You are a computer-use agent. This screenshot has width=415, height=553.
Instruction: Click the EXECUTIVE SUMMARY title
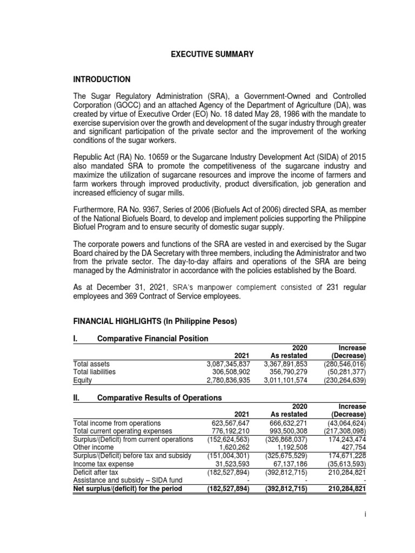pyautogui.click(x=212, y=55)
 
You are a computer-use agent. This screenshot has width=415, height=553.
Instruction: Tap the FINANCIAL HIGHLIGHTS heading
pyautogui.click(x=155, y=321)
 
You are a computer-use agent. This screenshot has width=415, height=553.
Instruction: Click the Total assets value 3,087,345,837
pyautogui.click(x=228, y=364)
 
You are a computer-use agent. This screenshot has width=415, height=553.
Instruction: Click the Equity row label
pyautogui.click(x=82, y=380)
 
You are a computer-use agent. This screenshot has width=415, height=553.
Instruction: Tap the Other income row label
pyautogui.click(x=93, y=447)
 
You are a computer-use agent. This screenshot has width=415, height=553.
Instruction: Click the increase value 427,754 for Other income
pyautogui.click(x=352, y=447)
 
